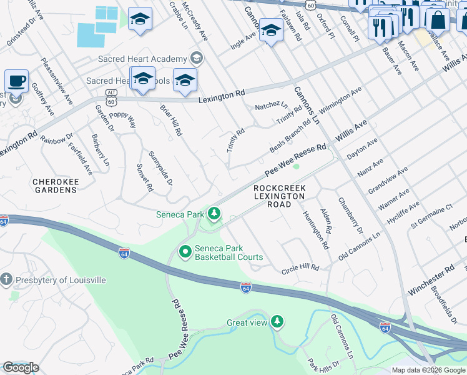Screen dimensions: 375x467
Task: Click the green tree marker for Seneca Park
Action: [x=214, y=214]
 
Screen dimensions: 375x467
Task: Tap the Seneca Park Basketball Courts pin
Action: [x=185, y=252]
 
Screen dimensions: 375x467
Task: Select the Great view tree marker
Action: [x=277, y=322]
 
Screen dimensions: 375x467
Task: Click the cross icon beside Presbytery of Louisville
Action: [x=6, y=279]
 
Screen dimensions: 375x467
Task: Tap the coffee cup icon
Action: [x=16, y=81]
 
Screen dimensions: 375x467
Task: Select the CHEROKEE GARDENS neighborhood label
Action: [x=54, y=187]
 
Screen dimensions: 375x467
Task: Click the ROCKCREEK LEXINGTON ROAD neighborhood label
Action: [x=279, y=196]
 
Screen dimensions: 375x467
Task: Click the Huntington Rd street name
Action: [x=315, y=230]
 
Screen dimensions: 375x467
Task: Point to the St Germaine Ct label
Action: [x=431, y=216]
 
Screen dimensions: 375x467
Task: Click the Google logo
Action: [x=21, y=367]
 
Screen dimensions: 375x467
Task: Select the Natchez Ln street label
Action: [x=271, y=106]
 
